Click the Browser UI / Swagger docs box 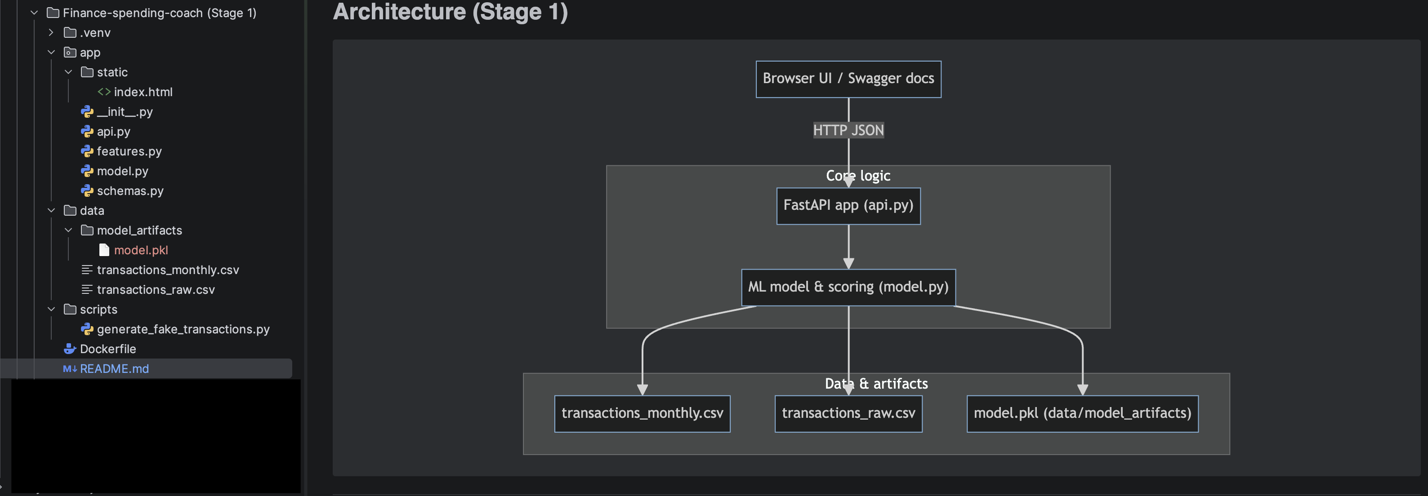tap(848, 79)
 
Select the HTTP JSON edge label tap(848, 130)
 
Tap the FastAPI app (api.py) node tap(848, 206)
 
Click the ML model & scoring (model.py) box tap(848, 287)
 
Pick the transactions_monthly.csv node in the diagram tap(642, 413)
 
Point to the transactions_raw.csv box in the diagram tap(848, 413)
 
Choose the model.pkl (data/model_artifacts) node tap(1082, 413)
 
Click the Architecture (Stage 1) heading tap(450, 12)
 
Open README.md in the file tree tap(114, 368)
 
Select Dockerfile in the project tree tap(107, 349)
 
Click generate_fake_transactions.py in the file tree tap(183, 329)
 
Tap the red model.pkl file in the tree tap(141, 250)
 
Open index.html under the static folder tap(143, 92)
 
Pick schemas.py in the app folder tap(130, 190)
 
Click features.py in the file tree tap(129, 151)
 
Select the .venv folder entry tap(95, 33)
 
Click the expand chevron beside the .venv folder tap(51, 33)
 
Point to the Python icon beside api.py tap(87, 131)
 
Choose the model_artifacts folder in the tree tap(139, 230)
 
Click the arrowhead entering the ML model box tap(848, 263)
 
